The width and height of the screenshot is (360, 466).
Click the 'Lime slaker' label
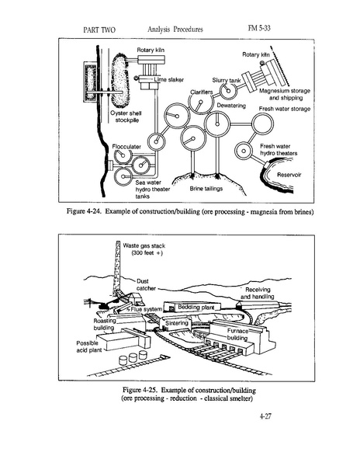click(169, 80)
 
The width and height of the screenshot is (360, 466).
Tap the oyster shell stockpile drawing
click(119, 80)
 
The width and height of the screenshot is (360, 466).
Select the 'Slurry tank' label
click(227, 81)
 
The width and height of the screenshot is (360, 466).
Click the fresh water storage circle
click(262, 124)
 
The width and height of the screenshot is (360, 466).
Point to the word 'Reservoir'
click(289, 175)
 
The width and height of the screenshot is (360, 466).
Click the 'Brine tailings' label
click(206, 189)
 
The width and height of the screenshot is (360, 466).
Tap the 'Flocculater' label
click(126, 147)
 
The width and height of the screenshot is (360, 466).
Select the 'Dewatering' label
click(231, 106)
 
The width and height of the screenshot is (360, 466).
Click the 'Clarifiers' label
click(202, 92)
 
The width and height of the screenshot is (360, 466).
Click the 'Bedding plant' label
click(196, 307)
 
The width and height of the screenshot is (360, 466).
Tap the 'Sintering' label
click(177, 323)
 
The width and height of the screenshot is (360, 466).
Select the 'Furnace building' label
click(237, 334)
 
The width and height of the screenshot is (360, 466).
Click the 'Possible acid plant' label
click(88, 346)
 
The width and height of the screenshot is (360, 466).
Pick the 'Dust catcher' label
click(146, 285)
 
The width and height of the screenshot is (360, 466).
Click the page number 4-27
click(265, 416)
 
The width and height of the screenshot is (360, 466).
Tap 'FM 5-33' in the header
click(259, 28)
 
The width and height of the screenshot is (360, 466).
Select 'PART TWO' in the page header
click(99, 30)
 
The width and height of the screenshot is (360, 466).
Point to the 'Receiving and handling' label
click(258, 293)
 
